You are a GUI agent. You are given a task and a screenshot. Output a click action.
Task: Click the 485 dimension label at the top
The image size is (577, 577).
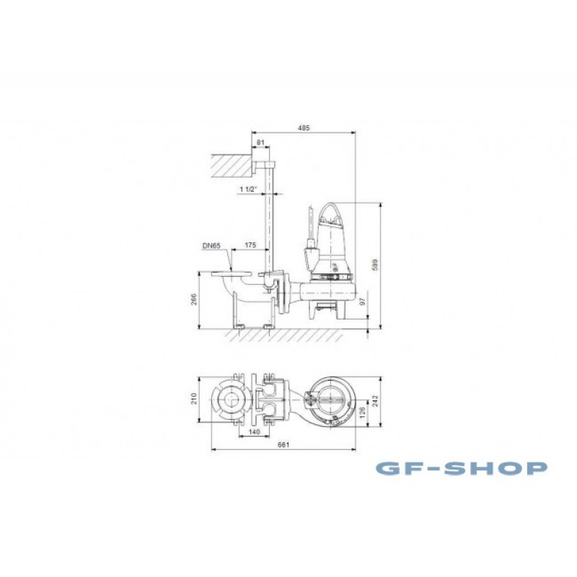click(304, 128)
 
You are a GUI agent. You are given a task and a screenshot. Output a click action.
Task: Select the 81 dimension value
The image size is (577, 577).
click(260, 142)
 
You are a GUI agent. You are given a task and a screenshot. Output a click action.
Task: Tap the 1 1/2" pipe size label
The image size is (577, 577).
click(247, 189)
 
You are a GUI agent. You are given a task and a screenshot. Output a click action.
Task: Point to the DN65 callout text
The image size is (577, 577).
click(211, 245)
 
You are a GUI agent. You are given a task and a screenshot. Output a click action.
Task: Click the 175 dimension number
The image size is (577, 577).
click(250, 245)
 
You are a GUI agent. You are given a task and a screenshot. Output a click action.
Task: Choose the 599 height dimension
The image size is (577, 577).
click(375, 265)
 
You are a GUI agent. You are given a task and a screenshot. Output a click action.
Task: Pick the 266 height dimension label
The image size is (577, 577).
click(194, 299)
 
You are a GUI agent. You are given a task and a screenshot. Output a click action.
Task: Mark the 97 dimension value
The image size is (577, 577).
click(363, 301)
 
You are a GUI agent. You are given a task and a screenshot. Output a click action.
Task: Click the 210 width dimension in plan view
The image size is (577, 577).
click(194, 399)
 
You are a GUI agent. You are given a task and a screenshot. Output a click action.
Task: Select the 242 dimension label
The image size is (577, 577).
click(375, 401)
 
